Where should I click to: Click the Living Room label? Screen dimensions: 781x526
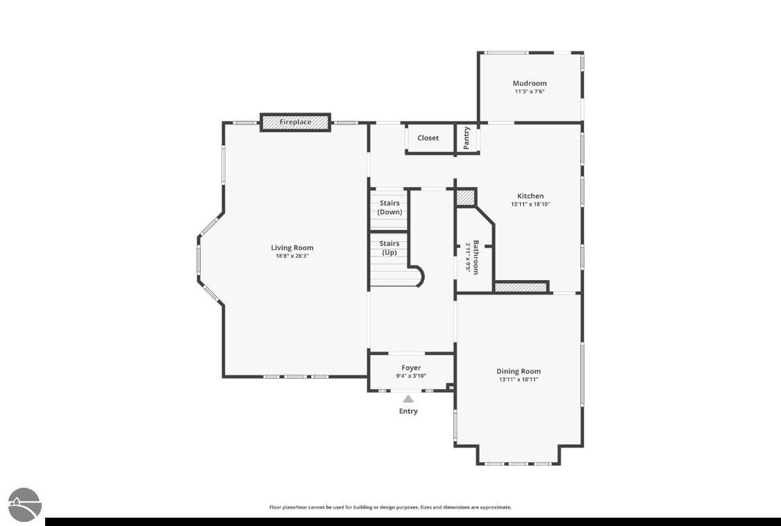[292, 248]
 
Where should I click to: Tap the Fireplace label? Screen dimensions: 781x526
[295, 122]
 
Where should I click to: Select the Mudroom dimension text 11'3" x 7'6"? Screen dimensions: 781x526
[530, 92]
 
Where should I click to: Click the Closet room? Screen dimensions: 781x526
[428, 138]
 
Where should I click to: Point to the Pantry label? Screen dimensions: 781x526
[467, 138]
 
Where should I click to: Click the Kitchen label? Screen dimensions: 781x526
[530, 196]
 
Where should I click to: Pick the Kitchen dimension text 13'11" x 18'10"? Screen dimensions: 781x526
[530, 204]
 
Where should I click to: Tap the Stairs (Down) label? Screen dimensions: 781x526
[389, 207]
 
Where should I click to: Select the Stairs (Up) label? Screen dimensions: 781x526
[389, 248]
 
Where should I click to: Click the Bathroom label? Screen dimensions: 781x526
[476, 257]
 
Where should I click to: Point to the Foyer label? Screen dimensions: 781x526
[411, 368]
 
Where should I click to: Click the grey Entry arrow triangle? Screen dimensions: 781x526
[408, 399]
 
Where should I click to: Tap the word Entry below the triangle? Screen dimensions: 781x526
[408, 411]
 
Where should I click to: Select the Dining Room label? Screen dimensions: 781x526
[519, 371]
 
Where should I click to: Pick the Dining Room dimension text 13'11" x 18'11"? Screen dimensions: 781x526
[519, 379]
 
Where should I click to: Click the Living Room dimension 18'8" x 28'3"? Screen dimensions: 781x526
[292, 256]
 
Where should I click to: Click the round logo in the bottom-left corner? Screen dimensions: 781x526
[25, 505]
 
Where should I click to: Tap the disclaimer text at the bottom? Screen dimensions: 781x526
[390, 507]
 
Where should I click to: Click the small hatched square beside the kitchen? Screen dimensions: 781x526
[467, 197]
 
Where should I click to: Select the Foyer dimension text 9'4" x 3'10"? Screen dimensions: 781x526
[411, 377]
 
